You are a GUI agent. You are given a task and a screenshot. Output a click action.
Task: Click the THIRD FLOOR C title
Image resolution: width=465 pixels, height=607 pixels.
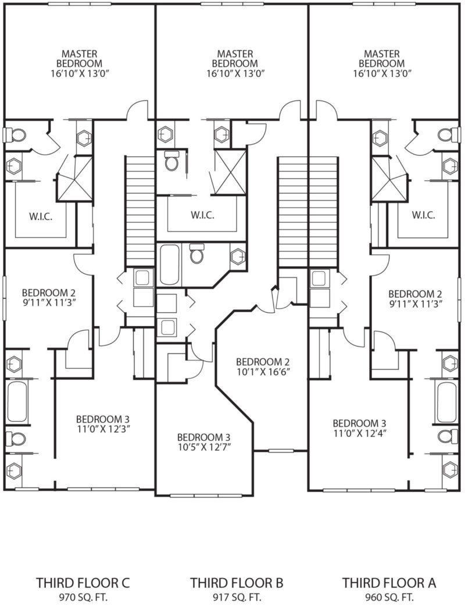[83, 583]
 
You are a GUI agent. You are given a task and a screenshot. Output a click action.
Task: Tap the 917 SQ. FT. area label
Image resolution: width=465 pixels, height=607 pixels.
[237, 597]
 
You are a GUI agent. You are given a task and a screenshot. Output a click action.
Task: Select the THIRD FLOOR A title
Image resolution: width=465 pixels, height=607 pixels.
[389, 583]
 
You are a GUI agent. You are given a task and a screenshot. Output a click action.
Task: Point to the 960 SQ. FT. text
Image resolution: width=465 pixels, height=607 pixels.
[389, 597]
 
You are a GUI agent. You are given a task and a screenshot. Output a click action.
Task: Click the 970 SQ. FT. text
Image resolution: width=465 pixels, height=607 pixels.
[83, 597]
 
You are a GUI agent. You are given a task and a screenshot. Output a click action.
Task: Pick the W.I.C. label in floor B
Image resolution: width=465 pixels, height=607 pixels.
[202, 215]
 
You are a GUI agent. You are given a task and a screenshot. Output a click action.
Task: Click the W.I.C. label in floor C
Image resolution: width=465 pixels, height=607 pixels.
[41, 216]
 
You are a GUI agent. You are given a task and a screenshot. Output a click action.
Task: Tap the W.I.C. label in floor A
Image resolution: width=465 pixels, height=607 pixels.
[424, 215]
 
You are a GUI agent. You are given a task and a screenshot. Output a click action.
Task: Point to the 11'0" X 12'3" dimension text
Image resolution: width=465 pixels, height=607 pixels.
[103, 429]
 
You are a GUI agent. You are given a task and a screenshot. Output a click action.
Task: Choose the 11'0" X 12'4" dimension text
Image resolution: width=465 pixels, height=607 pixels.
[359, 433]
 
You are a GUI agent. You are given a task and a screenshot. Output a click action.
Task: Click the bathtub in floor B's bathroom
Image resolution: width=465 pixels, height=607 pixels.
[169, 265]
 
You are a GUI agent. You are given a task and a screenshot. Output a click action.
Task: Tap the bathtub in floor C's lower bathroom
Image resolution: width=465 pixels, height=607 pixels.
[17, 402]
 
